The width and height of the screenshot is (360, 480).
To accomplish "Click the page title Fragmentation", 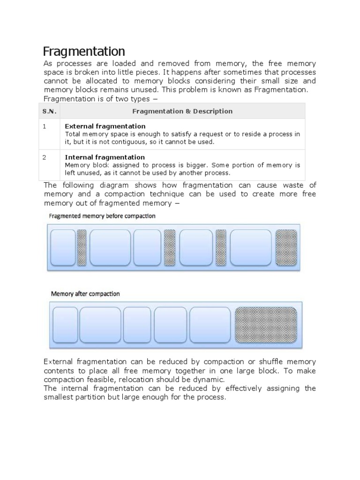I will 84,51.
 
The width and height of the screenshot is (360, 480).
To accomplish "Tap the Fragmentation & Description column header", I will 182,111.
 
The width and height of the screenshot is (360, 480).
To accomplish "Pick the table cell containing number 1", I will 45,127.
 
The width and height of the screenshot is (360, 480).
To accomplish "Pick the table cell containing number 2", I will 45,157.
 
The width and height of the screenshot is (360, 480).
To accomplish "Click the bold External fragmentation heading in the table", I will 105,127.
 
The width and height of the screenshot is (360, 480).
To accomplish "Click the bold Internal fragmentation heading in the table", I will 105,157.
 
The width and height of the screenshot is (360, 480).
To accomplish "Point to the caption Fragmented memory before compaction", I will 102,216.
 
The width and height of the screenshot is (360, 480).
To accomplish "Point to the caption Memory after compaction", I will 85,294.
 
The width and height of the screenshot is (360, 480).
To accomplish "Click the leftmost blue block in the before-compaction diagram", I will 63,247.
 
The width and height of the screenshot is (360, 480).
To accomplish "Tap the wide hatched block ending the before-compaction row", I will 286,247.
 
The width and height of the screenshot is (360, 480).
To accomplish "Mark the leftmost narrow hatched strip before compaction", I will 82,247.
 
